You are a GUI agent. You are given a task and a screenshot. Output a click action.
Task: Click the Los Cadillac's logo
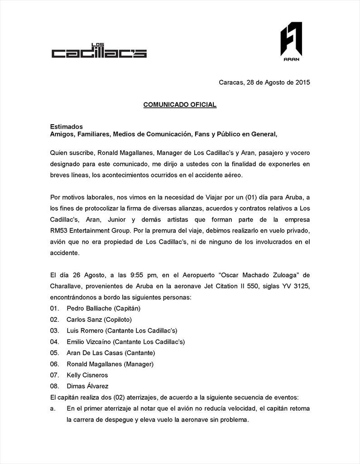click(99, 52)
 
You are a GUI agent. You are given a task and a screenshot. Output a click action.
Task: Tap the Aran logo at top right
click(291, 41)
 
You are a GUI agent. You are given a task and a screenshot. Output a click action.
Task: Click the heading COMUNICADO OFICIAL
click(180, 105)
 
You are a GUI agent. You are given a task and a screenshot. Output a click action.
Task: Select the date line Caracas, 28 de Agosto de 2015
click(264, 82)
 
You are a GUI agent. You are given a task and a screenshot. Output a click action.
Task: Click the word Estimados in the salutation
click(66, 126)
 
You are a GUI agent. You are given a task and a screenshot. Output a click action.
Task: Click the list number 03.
click(54, 330)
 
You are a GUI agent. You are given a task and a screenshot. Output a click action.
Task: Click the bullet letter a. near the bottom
click(53, 408)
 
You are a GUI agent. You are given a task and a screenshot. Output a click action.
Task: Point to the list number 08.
click(54, 386)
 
